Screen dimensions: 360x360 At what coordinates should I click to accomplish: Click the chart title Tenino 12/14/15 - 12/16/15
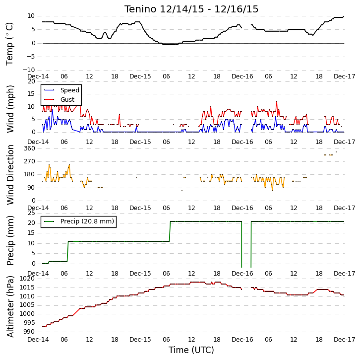coord(191,9)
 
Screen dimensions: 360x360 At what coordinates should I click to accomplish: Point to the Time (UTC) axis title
coord(191,350)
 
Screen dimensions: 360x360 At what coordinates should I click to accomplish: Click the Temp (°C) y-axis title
coord(9,44)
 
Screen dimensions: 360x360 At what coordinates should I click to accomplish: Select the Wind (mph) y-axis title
coord(10,109)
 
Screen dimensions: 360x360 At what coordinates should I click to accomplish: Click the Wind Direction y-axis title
coord(10,175)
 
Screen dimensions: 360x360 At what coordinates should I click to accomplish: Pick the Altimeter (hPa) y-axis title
coord(10,307)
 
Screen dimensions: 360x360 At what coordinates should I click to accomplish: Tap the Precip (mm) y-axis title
coord(10,240)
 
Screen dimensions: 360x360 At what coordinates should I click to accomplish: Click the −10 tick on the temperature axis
coord(28,70)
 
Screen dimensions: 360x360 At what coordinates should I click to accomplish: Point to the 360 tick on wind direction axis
coord(30,148)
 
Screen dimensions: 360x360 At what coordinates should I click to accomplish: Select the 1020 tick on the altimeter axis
coord(27,279)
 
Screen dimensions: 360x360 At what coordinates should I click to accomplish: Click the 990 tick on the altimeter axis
coord(29,332)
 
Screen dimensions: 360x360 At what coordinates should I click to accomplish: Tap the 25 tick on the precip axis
coord(31,213)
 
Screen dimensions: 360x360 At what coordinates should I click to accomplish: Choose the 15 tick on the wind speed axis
coord(31,94)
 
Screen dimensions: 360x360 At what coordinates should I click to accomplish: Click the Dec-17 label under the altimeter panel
coord(345,340)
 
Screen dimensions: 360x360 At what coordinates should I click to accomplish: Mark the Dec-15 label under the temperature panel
coord(140,76)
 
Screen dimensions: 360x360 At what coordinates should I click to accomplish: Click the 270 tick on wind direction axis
coord(30,161)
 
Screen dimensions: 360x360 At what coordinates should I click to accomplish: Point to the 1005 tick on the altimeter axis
coord(27,305)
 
